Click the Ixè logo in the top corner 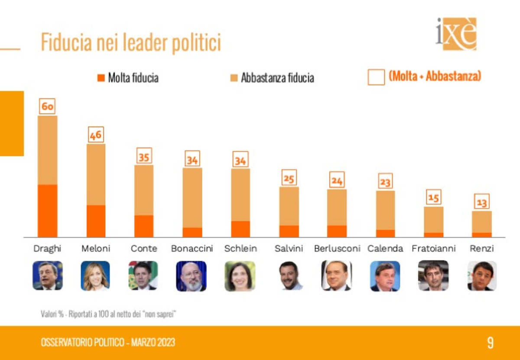pos(456,33)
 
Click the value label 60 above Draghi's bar pos(47,106)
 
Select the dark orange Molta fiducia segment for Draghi pos(47,211)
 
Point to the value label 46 pos(96,135)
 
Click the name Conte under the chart pos(144,249)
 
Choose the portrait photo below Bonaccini pos(192,276)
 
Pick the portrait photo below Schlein pos(240,276)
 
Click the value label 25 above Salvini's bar pos(289,177)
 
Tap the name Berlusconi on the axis pos(337,249)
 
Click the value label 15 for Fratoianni pos(433,198)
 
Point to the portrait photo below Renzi pos(482,276)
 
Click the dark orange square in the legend pos(101,78)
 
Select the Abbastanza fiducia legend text pos(277,78)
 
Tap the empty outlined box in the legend pos(376,77)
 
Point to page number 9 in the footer pos(490,343)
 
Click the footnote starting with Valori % pos(110,314)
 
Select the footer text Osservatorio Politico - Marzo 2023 pos(108,343)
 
